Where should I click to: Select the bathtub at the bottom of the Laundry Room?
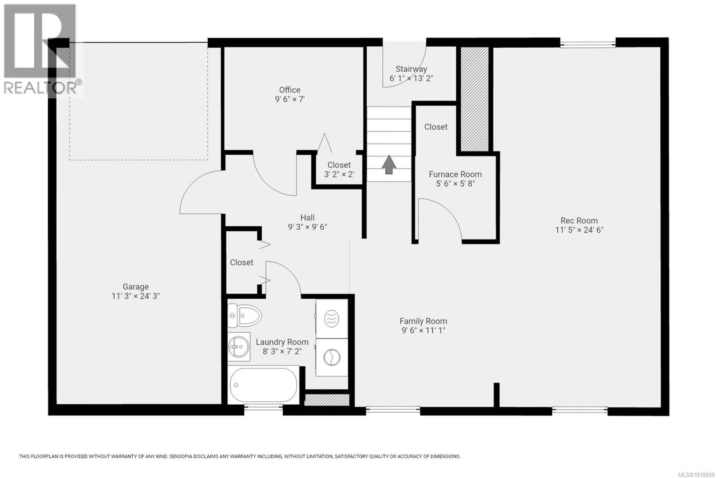pyautogui.click(x=263, y=385)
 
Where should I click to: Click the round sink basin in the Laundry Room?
pyautogui.click(x=239, y=347)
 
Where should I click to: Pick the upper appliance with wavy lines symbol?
pyautogui.click(x=332, y=319)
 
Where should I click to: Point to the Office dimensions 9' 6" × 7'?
pyautogui.click(x=290, y=99)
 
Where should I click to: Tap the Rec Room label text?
pyautogui.click(x=579, y=220)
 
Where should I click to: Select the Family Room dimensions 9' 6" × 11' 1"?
pyautogui.click(x=423, y=330)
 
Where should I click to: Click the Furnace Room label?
pyautogui.click(x=455, y=174)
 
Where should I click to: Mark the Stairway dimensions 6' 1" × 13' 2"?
pyautogui.click(x=411, y=78)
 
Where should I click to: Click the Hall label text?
pyautogui.click(x=307, y=218)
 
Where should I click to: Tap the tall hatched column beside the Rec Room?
pyautogui.click(x=474, y=99)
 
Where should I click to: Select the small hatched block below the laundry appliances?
pyautogui.click(x=327, y=400)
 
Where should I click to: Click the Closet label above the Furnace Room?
pyautogui.click(x=436, y=127)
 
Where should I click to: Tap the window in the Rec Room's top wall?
pyautogui.click(x=588, y=45)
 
